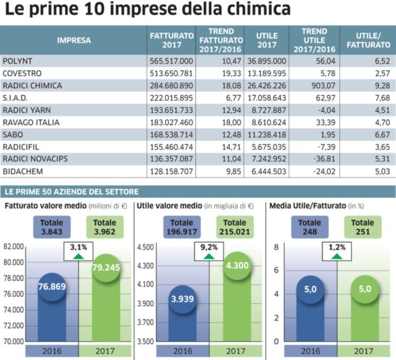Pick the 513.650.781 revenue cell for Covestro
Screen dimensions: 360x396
click(170, 73)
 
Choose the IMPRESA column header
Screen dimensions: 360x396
click(74, 40)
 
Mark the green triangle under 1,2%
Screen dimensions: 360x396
click(338, 256)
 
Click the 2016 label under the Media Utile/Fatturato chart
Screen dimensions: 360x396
click(311, 351)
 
